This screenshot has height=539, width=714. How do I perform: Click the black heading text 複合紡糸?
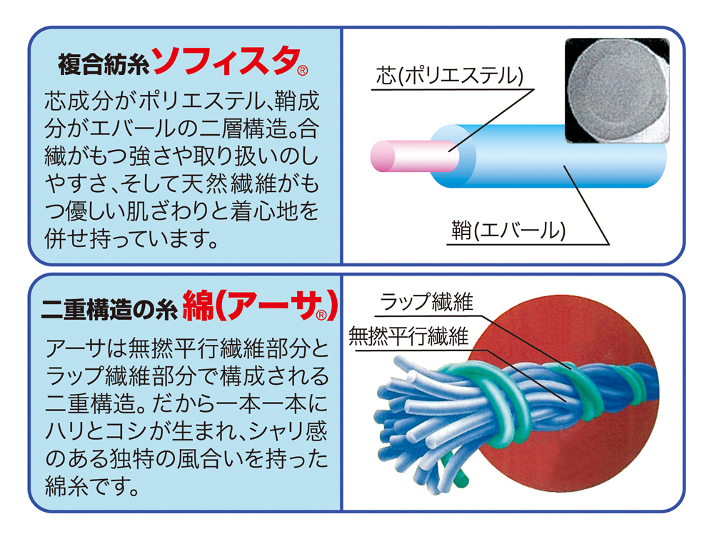tap(104, 64)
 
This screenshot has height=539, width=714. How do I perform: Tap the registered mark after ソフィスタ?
tap(303, 71)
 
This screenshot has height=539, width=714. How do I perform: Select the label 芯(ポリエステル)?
tap(449, 76)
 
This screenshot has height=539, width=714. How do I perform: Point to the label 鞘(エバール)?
tap(508, 231)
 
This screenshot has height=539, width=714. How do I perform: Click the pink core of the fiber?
tap(414, 156)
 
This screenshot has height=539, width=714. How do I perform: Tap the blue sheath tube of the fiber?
tap(546, 157)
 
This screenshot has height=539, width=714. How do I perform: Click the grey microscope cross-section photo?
tap(617, 90)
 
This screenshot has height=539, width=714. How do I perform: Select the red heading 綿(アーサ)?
tap(260, 305)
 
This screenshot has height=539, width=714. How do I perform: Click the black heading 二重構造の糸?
tap(109, 309)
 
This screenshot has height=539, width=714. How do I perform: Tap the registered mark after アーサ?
tap(321, 315)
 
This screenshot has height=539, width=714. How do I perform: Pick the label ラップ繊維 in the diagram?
tap(426, 302)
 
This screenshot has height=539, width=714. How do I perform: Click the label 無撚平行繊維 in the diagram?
tap(408, 336)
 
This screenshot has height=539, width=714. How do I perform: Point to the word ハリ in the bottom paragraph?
tap(68, 431)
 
